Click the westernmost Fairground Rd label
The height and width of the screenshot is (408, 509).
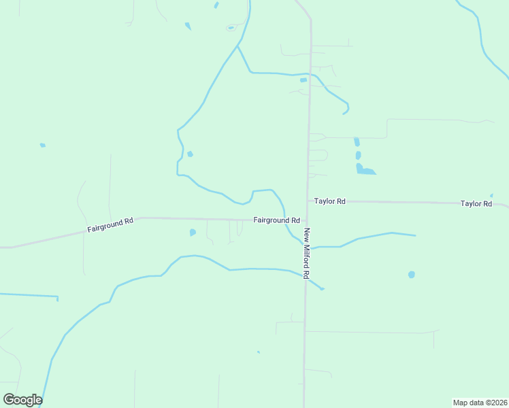[110, 226]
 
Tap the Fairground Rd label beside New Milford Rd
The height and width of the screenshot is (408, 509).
[276, 220]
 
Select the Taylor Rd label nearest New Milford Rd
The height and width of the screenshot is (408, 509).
[329, 201]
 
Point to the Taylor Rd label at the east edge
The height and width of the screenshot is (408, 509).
[476, 203]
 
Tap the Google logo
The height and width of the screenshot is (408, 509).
[22, 399]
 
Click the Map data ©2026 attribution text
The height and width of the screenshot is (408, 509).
[480, 402]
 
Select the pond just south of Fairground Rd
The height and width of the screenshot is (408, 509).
[193, 233]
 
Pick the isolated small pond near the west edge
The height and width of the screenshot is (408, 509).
[42, 145]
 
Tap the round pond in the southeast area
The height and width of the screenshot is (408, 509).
[411, 275]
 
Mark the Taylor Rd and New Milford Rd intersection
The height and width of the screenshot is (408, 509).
[308, 201]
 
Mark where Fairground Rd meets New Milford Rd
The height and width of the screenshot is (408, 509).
[306, 220]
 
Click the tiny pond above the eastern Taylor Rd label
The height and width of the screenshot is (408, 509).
[491, 196]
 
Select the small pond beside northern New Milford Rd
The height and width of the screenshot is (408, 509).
[303, 80]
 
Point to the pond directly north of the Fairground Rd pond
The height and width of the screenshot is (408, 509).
[190, 154]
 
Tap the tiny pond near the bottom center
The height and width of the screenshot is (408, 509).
[258, 352]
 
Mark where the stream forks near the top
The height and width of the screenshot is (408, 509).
[237, 47]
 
